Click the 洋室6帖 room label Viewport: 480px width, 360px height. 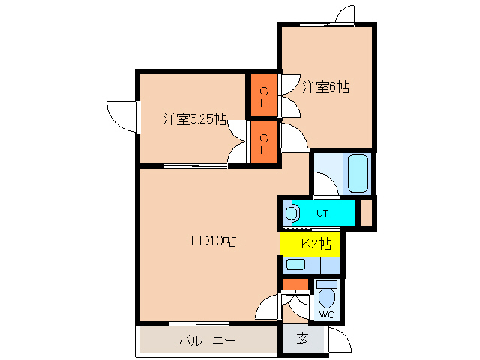(326, 87)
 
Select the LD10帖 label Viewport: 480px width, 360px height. (213, 241)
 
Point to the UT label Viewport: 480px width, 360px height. (322, 214)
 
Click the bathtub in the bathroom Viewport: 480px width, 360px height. (358, 174)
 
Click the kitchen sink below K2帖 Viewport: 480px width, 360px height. (296, 264)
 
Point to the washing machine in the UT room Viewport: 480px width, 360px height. (291, 214)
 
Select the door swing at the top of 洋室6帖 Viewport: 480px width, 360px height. (345, 16)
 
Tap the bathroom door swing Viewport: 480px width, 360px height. (324, 184)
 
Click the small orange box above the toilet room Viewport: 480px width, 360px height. (295, 283)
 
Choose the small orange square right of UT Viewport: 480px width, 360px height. (367, 212)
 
